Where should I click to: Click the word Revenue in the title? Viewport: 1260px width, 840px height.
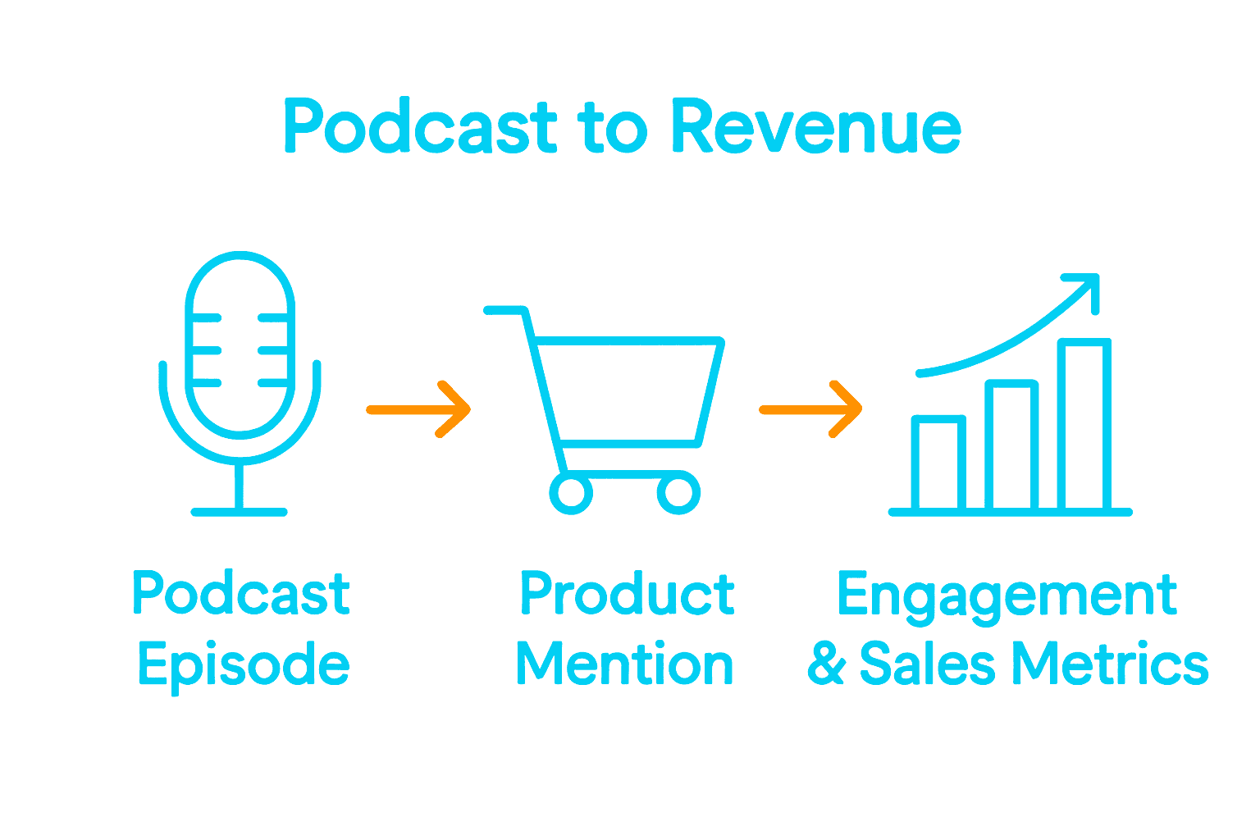(817, 126)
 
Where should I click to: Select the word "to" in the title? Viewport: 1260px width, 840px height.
(614, 127)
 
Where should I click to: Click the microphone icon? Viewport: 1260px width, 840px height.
(240, 383)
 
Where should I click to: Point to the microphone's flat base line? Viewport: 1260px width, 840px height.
(240, 512)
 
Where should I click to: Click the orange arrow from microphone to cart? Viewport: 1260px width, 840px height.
(418, 409)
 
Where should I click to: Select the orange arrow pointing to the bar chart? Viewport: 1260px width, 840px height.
(810, 409)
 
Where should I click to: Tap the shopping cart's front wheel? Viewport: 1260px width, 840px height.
(679, 493)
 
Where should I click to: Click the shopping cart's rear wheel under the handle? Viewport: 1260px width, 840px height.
(571, 493)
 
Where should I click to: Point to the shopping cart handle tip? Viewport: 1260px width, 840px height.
(487, 311)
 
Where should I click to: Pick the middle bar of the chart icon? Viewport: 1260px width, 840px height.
(1011, 445)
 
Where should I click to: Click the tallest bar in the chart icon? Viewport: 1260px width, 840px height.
(1084, 424)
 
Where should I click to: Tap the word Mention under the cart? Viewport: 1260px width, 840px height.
(624, 663)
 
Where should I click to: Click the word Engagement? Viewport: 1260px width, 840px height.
(1007, 597)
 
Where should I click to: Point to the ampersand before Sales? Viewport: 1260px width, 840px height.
(826, 663)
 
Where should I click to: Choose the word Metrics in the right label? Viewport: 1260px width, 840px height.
(1111, 663)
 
